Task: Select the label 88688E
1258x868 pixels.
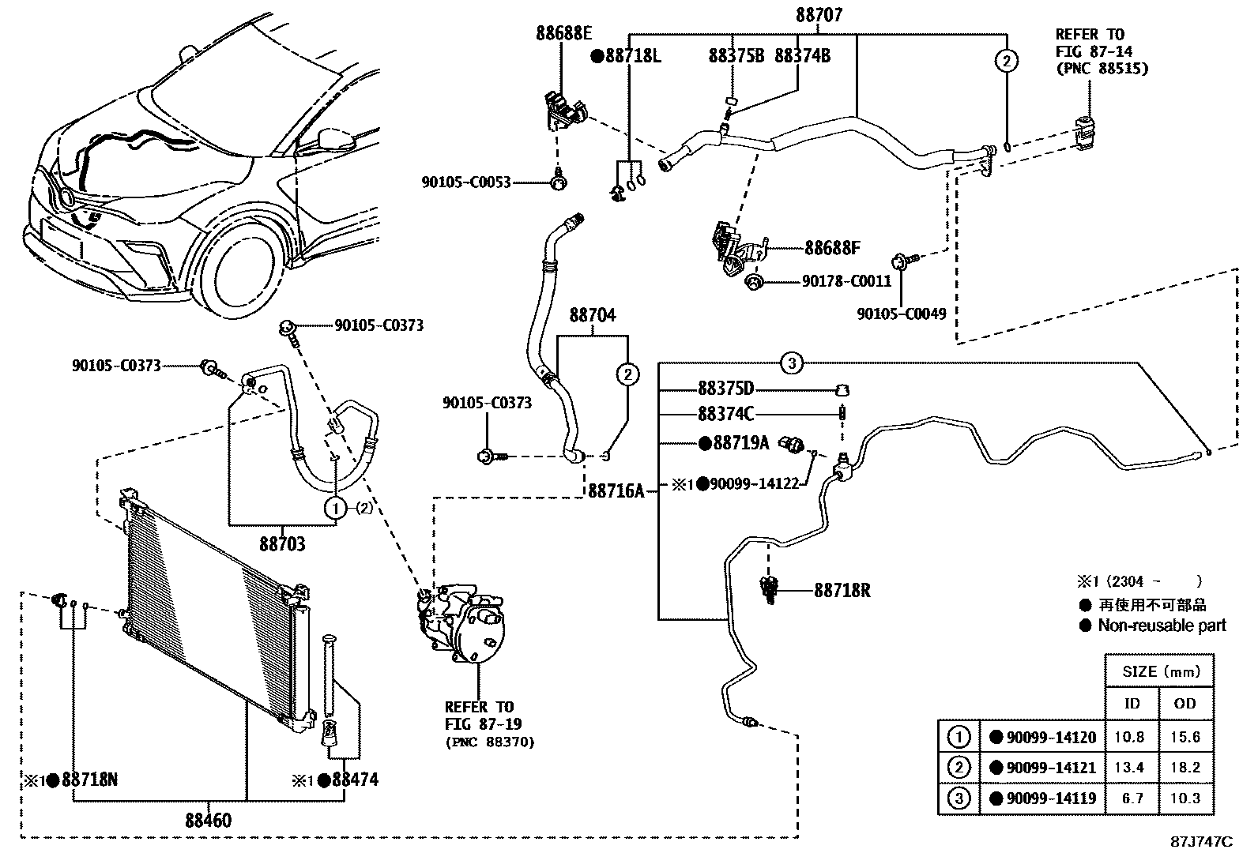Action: coord(563,33)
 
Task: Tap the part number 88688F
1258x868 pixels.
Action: coord(832,248)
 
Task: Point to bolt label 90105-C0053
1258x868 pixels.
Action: coord(466,182)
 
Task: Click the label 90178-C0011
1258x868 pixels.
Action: coord(846,281)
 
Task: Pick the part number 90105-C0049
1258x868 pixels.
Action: coord(902,314)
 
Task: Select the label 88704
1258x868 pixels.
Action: coord(593,316)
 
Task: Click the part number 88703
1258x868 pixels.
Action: coord(282,544)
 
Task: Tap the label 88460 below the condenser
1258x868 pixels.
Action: coord(209,821)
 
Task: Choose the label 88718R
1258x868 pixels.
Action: coord(842,590)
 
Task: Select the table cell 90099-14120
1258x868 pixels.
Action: coord(1050,738)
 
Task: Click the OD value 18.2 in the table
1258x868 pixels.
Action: coord(1185,768)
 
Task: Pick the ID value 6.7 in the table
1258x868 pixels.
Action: coord(1132,798)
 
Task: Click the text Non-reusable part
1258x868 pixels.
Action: coord(1162,626)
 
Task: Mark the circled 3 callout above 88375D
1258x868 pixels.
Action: coord(792,363)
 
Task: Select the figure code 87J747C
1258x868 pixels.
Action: coord(1201,842)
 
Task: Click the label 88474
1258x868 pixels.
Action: coord(355,780)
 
